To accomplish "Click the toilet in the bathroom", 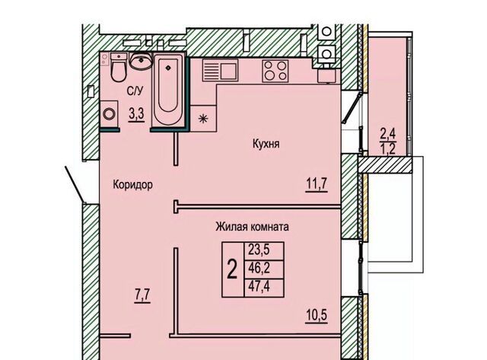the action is point(119,68).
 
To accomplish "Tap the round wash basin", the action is point(141,61).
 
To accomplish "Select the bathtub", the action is point(168,90).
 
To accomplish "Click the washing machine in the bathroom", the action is point(109,113).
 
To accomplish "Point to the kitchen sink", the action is point(220,71).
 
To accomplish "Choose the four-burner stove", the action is point(275,71).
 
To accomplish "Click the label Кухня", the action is point(266,144).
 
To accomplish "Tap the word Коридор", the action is point(132,184).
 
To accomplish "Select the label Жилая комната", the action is point(252,227).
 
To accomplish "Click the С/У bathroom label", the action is point(135,91).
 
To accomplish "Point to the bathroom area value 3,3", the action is point(137,114).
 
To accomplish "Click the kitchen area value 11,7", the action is point(317,184).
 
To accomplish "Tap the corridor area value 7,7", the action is point(142,295).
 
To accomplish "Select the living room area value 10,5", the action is point(317,316).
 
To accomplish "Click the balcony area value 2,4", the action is point(388,134).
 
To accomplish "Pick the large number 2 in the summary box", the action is point(232,269).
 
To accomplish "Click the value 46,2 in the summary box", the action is point(259,268).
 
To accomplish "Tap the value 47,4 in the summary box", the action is point(259,285).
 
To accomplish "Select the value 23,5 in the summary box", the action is point(259,250).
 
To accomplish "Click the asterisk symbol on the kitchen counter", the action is point(203,118).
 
